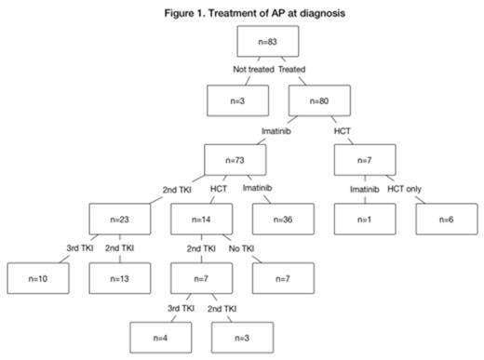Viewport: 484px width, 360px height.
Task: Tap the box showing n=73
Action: (234, 160)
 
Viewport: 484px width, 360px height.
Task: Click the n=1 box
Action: (365, 220)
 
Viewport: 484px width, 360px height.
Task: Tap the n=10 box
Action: (36, 279)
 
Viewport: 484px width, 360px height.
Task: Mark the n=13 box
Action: (119, 279)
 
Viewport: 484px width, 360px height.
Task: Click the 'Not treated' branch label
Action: (242, 70)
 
